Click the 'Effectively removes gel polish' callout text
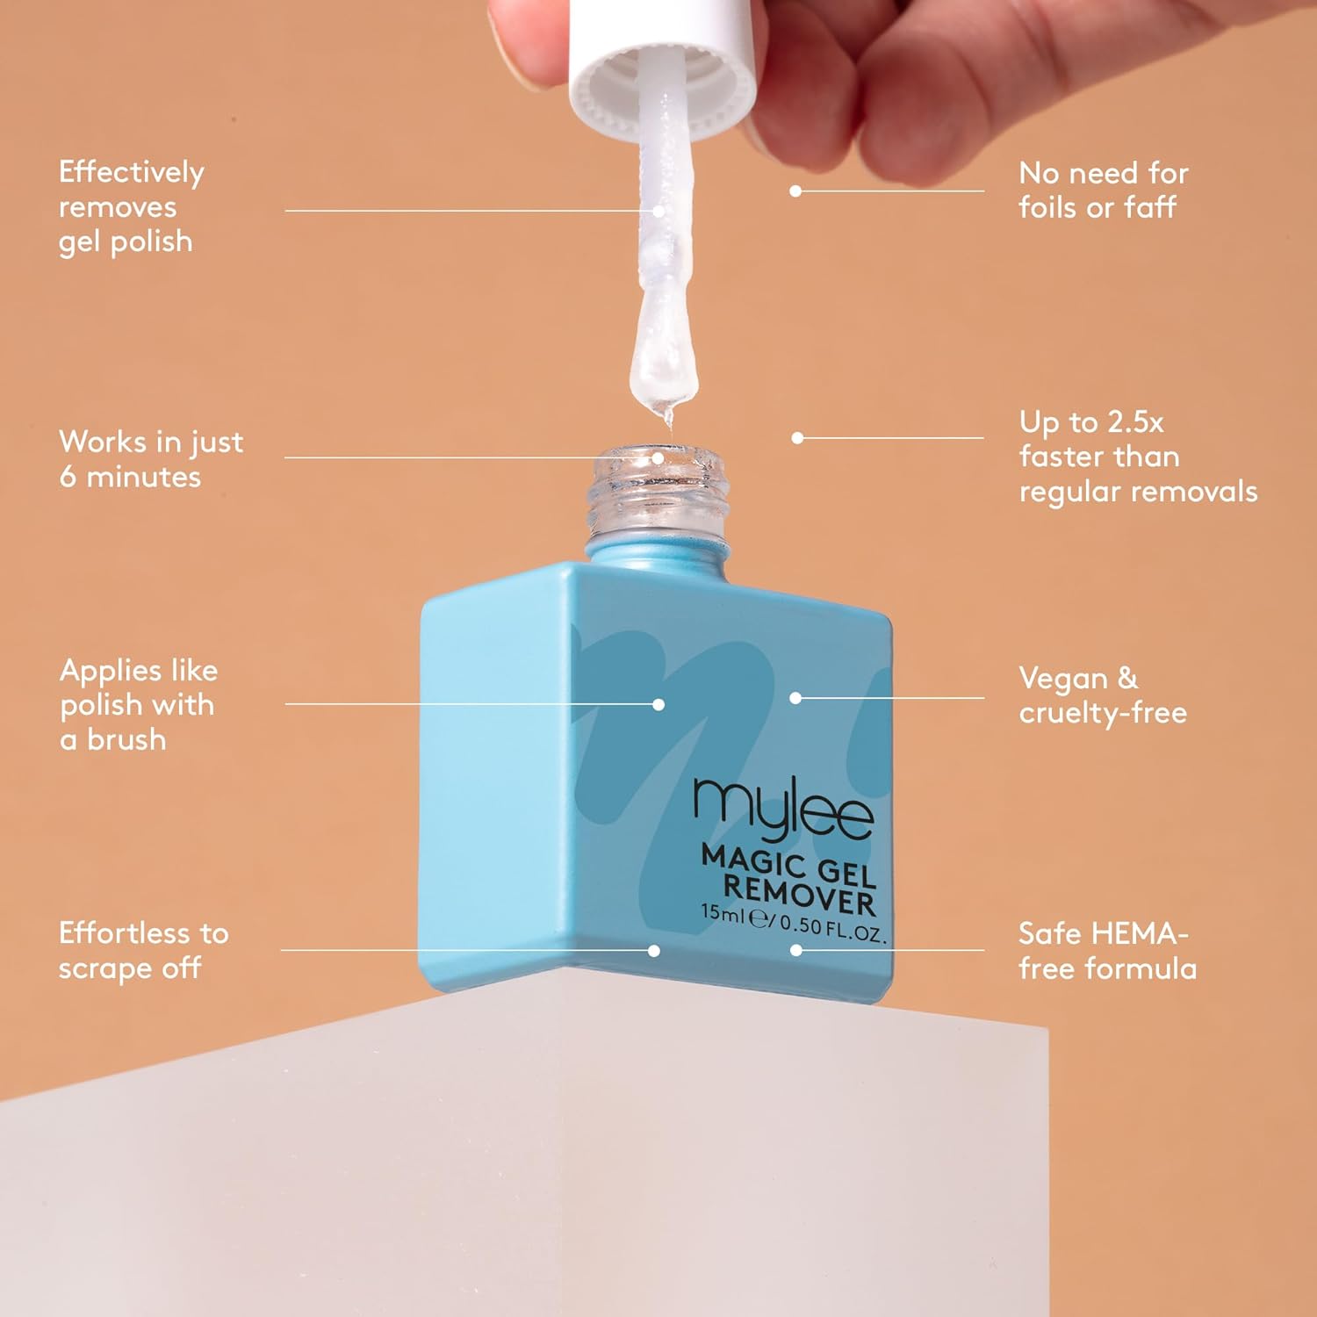[131, 207]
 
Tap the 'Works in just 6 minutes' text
[151, 458]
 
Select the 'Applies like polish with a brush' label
[139, 704]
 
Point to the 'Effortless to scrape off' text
[144, 950]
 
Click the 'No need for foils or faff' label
[1104, 190]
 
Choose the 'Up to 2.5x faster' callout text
[1138, 457]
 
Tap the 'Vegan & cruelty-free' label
[1103, 695]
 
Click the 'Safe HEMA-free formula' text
[1107, 951]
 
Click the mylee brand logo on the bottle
[783, 810]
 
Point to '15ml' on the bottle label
[722, 912]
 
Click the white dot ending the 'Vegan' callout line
[795, 698]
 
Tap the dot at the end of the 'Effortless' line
[654, 950]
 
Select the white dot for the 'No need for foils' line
[795, 191]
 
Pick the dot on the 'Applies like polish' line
[658, 704]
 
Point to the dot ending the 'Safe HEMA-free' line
[795, 950]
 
